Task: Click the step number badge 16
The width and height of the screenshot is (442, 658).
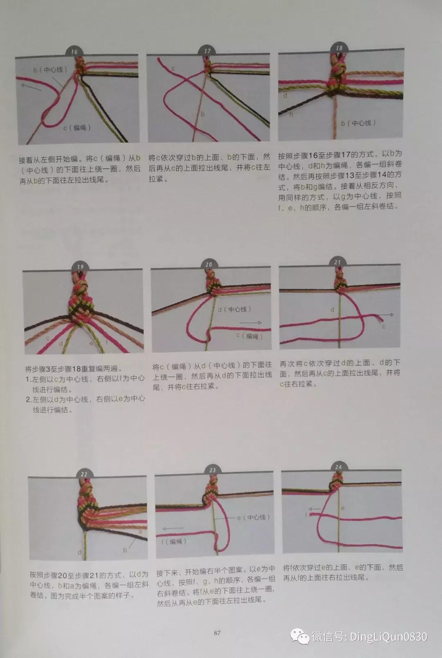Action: click(74, 52)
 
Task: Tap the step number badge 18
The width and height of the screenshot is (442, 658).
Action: click(339, 48)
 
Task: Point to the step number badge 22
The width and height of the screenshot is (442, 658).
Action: click(84, 474)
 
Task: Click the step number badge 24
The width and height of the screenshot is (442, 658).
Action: click(338, 467)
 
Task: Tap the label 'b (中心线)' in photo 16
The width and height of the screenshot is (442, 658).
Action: click(50, 70)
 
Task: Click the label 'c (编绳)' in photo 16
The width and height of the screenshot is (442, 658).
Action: click(77, 128)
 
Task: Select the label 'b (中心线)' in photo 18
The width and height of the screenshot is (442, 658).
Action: click(359, 123)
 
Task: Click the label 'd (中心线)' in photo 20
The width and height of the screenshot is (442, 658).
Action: click(235, 309)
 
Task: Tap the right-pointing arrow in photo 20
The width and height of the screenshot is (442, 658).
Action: click(250, 323)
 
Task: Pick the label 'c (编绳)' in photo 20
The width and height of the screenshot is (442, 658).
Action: click(249, 336)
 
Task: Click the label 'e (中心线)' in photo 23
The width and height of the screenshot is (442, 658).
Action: click(253, 517)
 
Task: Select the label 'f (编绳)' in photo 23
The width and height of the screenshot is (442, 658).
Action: click(174, 541)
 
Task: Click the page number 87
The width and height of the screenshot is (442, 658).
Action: click(217, 633)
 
